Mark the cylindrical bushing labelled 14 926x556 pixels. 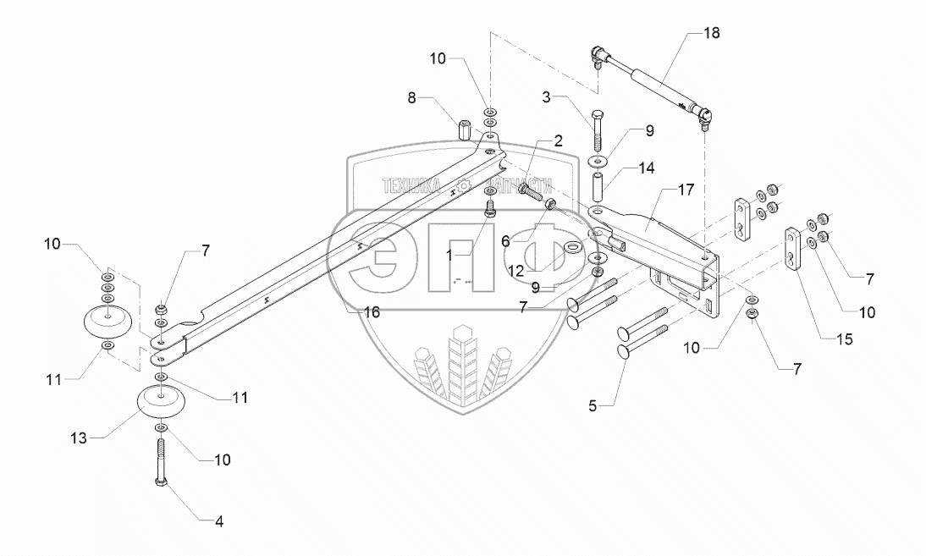coord(598,184)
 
